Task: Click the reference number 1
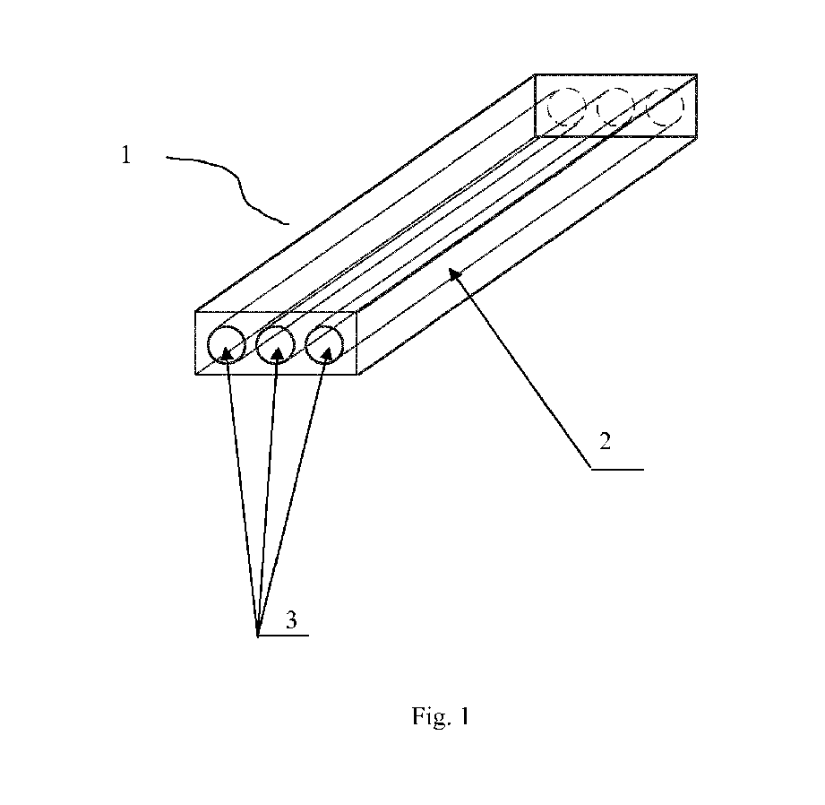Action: point(126,155)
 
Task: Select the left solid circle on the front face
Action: point(226,344)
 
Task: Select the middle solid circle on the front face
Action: point(275,344)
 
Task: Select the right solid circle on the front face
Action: point(324,344)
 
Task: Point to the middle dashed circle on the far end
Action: point(615,108)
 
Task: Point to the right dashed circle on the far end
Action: point(664,108)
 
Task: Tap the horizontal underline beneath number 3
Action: point(283,636)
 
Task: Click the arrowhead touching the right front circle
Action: point(321,356)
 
